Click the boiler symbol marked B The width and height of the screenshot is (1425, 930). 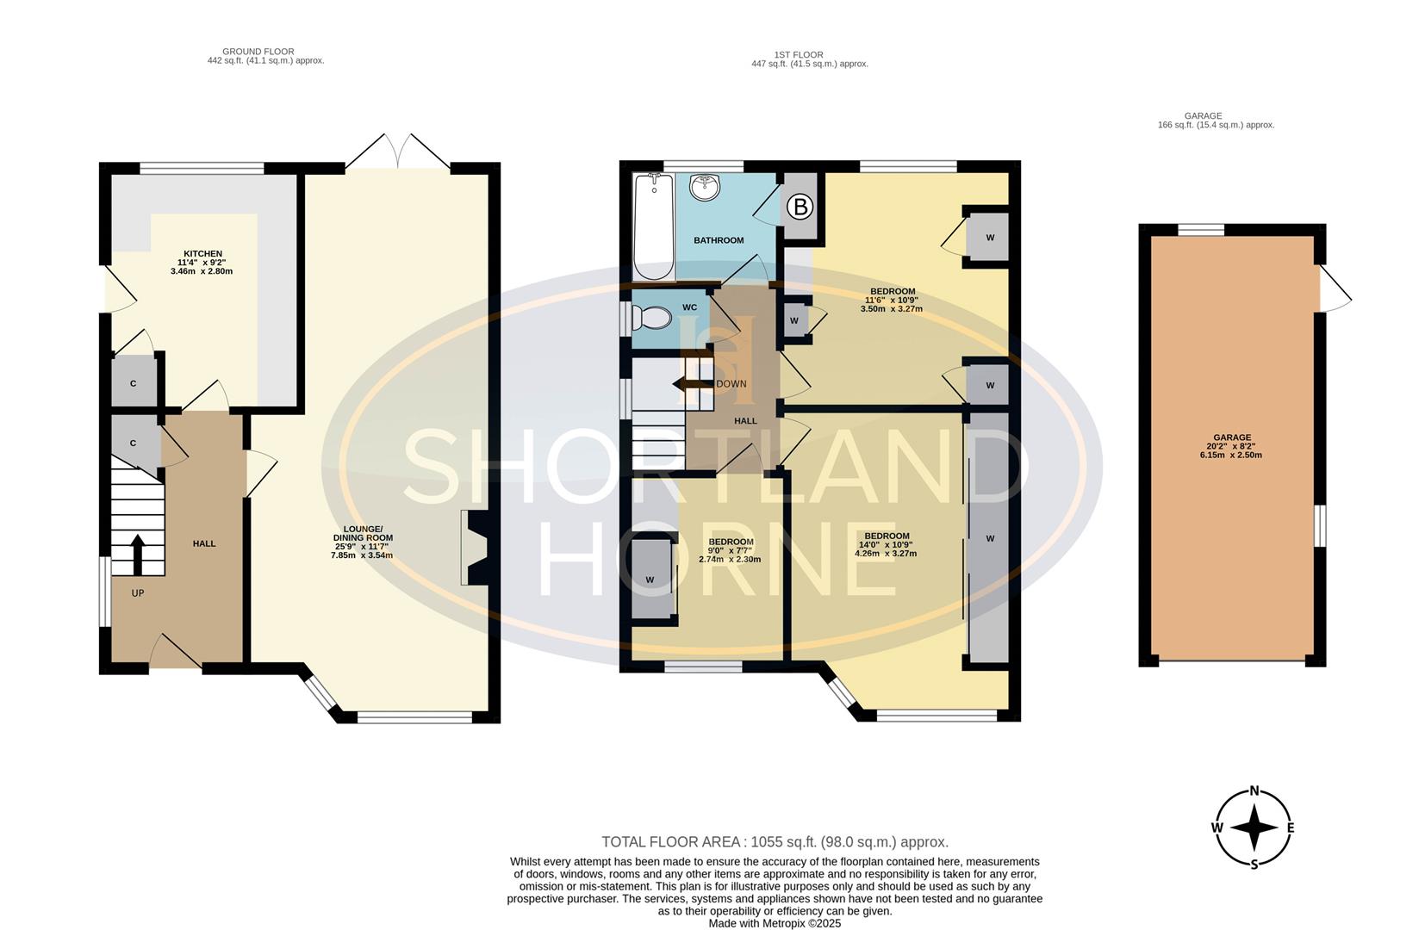[800, 207]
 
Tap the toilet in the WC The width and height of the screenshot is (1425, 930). [652, 319]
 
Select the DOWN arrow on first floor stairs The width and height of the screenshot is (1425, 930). [692, 384]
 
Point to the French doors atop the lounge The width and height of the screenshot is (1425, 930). [398, 152]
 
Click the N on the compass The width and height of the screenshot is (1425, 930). [1254, 791]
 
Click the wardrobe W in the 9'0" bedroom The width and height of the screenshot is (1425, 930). [650, 580]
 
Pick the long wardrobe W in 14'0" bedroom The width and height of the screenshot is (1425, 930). [989, 538]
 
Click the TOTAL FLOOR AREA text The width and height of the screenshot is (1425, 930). [775, 842]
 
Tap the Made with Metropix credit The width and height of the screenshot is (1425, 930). [775, 923]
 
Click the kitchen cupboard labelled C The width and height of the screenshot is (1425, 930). [134, 383]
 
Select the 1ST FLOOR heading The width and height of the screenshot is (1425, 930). [798, 54]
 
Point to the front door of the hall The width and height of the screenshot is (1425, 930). [177, 654]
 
